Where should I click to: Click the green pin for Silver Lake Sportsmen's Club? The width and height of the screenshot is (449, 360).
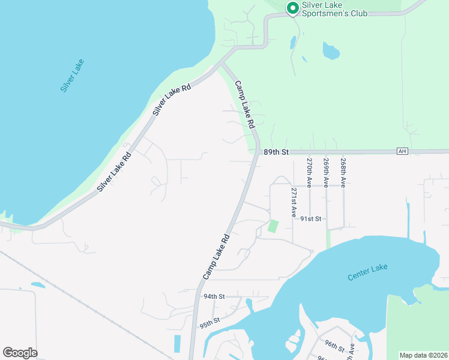point(293,8)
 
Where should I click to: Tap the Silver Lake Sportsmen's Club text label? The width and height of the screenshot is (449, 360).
point(334,8)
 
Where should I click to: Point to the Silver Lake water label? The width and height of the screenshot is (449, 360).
point(72,75)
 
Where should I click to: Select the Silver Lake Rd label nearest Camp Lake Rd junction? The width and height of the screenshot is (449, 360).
point(172,100)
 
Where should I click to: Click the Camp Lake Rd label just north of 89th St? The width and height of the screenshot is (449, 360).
point(245,106)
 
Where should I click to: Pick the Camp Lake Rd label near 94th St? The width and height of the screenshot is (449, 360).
point(217,257)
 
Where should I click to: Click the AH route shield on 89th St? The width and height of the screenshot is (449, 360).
point(402,151)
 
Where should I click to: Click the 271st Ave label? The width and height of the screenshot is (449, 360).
point(294,202)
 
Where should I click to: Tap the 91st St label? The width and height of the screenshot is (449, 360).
point(311,219)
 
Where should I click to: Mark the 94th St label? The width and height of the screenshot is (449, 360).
point(214,296)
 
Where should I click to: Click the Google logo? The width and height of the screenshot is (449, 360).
point(20,353)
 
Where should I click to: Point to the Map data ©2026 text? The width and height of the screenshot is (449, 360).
point(423,355)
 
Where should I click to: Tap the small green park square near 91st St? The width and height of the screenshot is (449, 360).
point(273,227)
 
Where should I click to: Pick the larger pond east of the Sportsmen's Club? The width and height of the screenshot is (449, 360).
point(331,51)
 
